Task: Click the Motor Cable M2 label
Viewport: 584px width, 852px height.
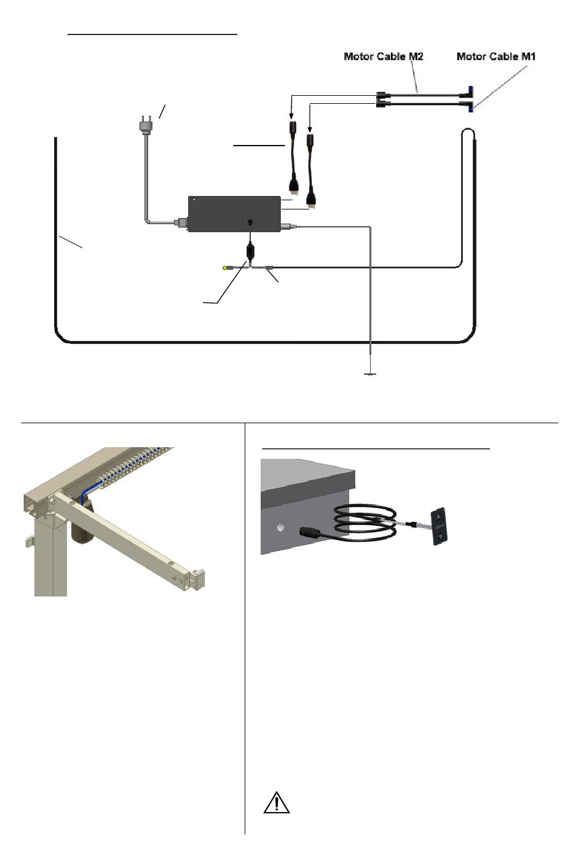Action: click(383, 57)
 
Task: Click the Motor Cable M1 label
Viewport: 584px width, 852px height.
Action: click(496, 57)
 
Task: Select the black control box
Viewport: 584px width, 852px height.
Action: click(234, 213)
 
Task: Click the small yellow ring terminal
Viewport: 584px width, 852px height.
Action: click(225, 268)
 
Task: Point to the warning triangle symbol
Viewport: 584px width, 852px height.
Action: click(277, 803)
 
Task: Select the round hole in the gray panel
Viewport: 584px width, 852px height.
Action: click(282, 527)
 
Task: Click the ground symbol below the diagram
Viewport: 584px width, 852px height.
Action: click(369, 373)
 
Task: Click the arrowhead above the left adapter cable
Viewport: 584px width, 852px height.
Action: click(291, 115)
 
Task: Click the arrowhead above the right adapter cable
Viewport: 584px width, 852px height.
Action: click(310, 127)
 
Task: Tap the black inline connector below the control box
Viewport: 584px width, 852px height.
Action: click(250, 251)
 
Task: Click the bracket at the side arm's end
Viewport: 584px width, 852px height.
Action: click(198, 578)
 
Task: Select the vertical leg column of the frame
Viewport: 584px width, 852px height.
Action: click(50, 559)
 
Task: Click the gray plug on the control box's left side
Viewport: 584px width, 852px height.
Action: click(180, 222)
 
